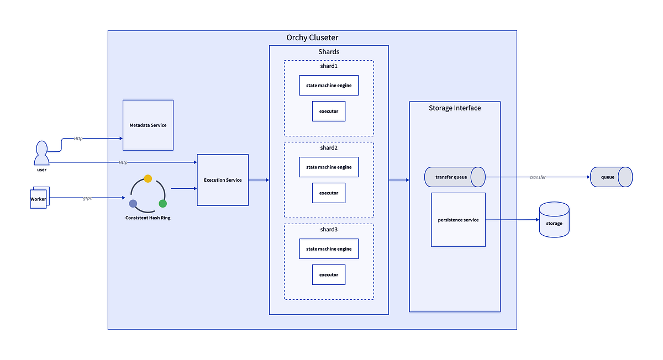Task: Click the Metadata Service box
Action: point(148,125)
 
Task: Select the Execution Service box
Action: point(223,180)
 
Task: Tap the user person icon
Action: point(41,153)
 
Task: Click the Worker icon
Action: point(39,199)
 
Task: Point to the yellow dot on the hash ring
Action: point(148,178)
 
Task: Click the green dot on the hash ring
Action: point(162,203)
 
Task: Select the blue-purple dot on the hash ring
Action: point(133,203)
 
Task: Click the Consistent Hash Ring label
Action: point(148,218)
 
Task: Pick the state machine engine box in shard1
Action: point(329,86)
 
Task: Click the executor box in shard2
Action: point(329,193)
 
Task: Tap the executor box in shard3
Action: point(329,274)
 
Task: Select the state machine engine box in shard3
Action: point(329,249)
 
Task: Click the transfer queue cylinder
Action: point(454,177)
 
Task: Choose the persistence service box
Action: point(458,220)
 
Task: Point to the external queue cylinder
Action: point(611,177)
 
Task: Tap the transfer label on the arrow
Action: point(538,177)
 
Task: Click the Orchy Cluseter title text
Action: point(312,38)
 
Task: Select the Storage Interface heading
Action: point(455,108)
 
